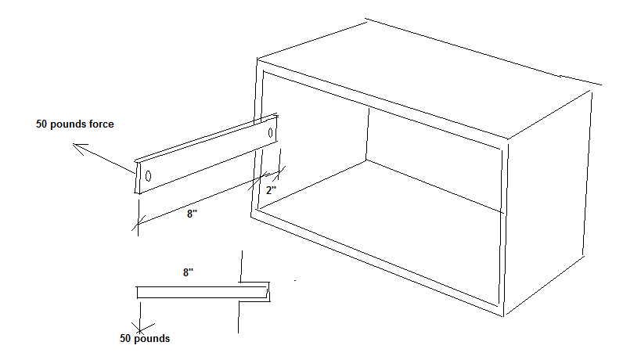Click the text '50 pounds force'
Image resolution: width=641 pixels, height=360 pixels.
tap(75, 124)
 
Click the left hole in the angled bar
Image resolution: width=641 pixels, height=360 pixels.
tap(148, 176)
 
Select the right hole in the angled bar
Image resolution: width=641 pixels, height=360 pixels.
tap(270, 133)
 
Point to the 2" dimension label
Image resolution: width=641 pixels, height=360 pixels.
tap(271, 190)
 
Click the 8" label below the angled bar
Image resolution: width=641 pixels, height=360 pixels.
tap(192, 214)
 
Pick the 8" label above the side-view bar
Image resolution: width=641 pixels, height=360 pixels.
tap(188, 272)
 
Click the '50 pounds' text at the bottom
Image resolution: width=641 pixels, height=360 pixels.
tap(145, 339)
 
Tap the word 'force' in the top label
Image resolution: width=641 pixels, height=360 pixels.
tap(101, 124)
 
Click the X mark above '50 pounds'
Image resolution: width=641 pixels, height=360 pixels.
tap(140, 329)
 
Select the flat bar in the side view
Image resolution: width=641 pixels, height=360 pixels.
tap(202, 292)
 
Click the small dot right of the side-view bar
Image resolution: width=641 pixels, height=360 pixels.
tap(295, 281)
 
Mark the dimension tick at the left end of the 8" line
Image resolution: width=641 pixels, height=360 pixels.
tap(139, 224)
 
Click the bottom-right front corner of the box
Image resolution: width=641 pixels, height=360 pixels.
tap(502, 315)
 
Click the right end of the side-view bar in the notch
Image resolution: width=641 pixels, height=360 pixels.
tap(267, 292)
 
